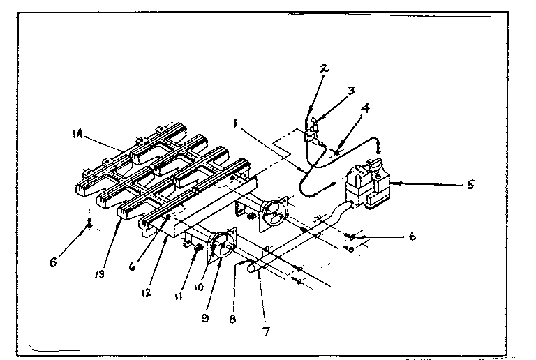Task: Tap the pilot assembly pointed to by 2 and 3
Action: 311,131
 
